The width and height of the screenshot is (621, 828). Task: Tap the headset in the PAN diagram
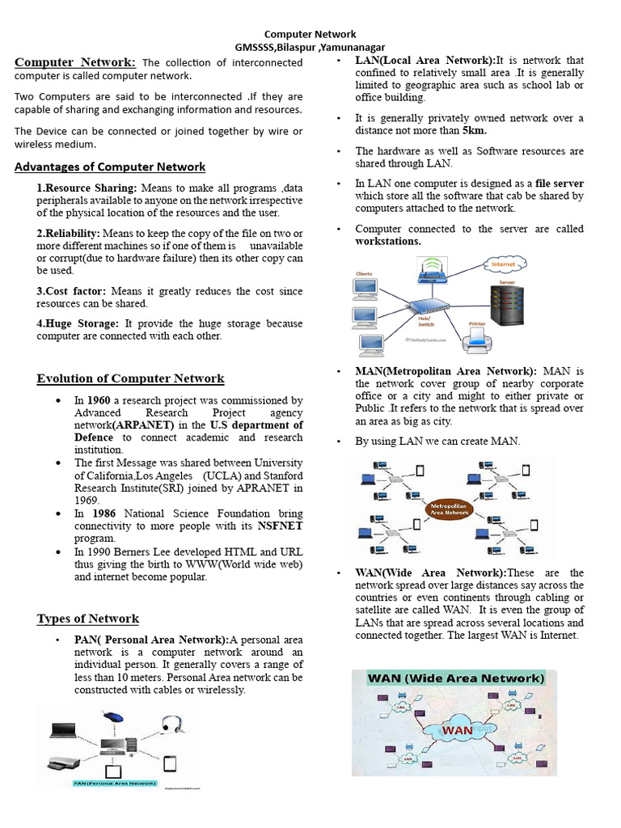tap(171, 724)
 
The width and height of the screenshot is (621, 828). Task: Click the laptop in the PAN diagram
tap(62, 730)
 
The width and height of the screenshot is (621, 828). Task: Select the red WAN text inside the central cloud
tap(458, 730)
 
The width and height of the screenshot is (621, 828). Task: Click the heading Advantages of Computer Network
tap(110, 167)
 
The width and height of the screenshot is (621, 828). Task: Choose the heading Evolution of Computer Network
tap(130, 378)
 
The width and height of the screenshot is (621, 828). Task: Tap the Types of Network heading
tap(88, 619)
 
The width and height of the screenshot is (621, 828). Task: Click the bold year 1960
tap(99, 400)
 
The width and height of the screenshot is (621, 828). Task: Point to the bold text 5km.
tap(475, 130)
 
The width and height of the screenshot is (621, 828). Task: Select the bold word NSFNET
tap(280, 526)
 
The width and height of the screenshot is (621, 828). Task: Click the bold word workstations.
tap(388, 241)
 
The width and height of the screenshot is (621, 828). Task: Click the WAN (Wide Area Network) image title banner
tap(455, 678)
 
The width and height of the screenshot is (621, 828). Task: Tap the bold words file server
tap(559, 184)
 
